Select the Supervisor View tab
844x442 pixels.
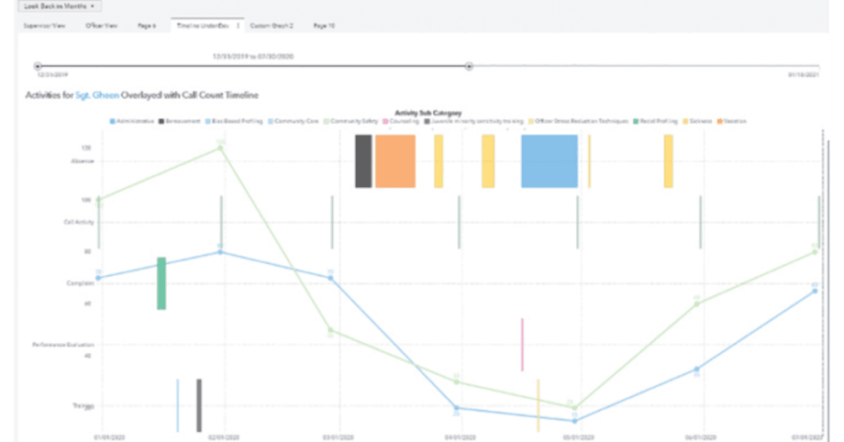point(44,27)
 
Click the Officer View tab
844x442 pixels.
point(101,27)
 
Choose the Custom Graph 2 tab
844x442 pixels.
point(274,27)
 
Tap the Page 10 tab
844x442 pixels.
point(324,27)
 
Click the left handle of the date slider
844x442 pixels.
point(38,66)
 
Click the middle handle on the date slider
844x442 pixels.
point(469,66)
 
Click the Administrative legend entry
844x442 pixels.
point(134,121)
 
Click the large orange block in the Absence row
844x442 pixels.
point(395,161)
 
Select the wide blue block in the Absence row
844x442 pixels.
point(550,161)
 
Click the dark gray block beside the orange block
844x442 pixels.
point(363,161)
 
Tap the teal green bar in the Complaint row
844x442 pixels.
point(161,283)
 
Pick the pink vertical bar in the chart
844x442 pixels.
point(522,345)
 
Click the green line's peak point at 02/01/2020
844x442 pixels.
point(221,147)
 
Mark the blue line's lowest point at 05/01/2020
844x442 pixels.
point(575,421)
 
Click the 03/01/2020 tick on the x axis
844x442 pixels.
point(331,437)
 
